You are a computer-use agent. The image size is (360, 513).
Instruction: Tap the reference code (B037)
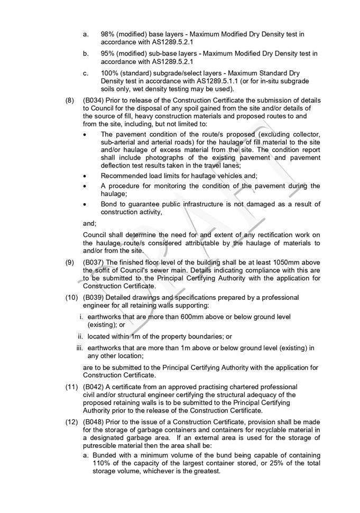(x=94, y=263)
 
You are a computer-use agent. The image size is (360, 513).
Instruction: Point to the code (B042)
(x=94, y=387)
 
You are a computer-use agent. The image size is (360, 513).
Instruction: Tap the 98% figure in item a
(x=107, y=34)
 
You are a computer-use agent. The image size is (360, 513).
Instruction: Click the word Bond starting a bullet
(x=110, y=204)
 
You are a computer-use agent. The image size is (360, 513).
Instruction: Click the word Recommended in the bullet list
(x=126, y=175)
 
